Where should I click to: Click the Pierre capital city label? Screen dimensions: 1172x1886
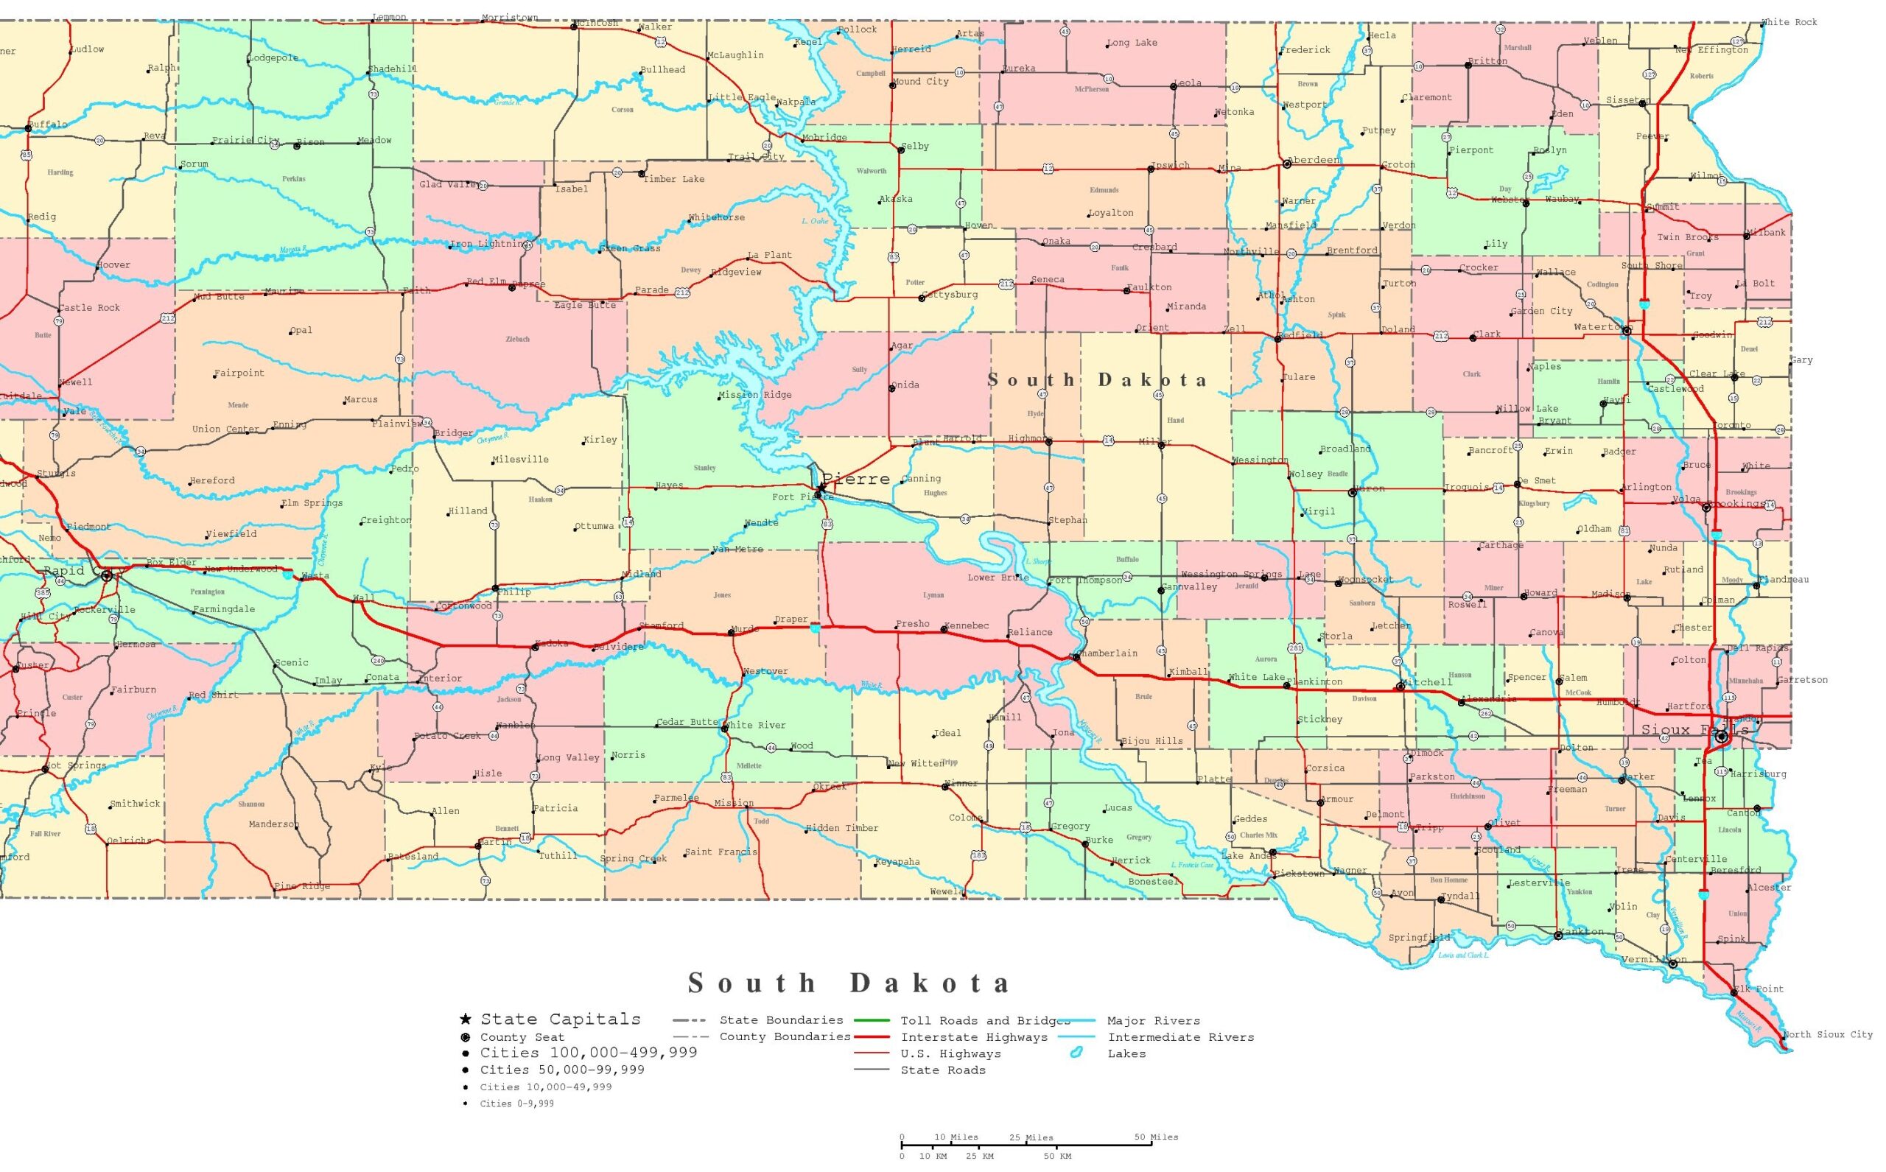point(856,479)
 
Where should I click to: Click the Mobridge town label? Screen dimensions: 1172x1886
point(824,138)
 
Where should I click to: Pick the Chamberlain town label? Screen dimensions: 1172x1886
point(1109,653)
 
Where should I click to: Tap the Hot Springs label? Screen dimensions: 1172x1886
point(75,766)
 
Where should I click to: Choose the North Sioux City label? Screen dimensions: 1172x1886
point(1827,1035)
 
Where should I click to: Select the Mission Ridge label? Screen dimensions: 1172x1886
point(755,395)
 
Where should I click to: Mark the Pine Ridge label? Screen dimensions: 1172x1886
point(302,886)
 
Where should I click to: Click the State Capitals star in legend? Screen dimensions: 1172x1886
point(465,1020)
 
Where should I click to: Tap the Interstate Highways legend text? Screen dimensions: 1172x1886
point(974,1037)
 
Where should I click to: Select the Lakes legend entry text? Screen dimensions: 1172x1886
point(1126,1053)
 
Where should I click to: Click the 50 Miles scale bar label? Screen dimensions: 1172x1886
point(1156,1137)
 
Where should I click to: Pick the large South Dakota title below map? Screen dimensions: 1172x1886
point(849,983)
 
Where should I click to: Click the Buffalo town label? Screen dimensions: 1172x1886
point(49,124)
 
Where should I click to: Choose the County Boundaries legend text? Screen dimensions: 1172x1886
point(785,1036)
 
